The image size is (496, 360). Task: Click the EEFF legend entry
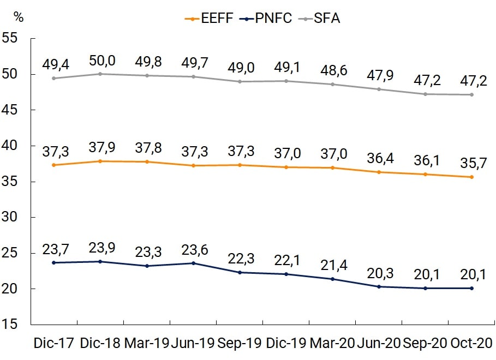[210, 18]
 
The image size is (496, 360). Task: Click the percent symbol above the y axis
[19, 17]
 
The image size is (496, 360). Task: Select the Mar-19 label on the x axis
[146, 344]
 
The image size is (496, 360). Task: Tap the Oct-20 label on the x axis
[471, 344]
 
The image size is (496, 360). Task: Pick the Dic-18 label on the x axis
[100, 344]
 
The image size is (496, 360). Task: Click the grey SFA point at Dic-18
[100, 74]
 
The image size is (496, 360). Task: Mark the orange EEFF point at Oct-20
[471, 177]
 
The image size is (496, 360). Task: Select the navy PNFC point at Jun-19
[193, 263]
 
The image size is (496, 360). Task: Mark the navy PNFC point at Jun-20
[379, 286]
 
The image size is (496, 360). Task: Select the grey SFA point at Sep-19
[239, 81]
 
